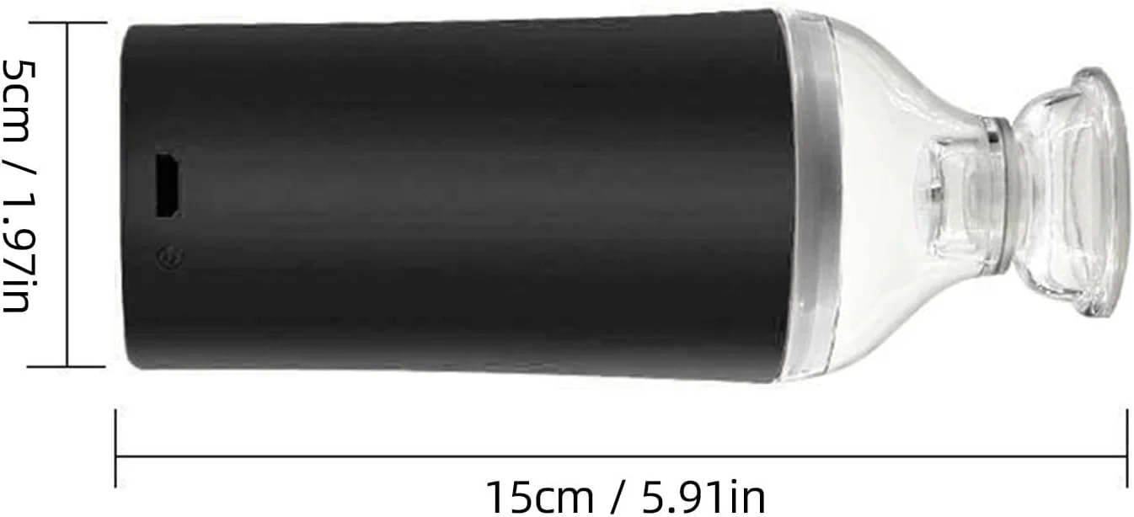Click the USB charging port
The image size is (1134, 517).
point(167,185)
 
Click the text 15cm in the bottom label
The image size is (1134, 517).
point(540,498)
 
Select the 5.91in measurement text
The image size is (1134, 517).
point(704,498)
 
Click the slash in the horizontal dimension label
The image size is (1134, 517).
point(618,498)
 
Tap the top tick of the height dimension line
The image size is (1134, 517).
point(68,23)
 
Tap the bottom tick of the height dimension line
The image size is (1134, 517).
point(67,366)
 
